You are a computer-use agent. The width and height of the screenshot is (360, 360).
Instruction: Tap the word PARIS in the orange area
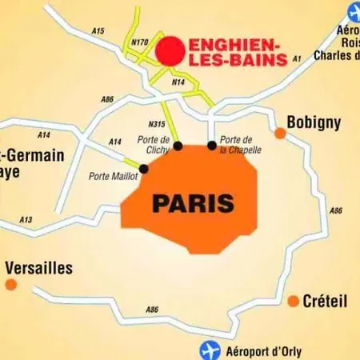coord(193,203)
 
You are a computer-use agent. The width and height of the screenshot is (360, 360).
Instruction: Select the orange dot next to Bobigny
coord(280,133)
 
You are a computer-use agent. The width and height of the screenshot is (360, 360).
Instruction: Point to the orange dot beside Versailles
coord(10,284)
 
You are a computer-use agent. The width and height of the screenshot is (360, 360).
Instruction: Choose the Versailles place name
coord(38,268)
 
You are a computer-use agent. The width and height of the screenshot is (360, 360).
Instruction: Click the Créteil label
coord(325,301)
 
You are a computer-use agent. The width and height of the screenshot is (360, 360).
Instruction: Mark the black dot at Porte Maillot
coord(143,168)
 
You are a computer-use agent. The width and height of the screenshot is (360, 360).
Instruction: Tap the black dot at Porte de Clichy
coord(178,146)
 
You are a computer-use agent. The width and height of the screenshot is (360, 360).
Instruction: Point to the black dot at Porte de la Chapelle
coord(212,146)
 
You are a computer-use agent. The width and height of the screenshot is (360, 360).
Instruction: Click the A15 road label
coord(98,31)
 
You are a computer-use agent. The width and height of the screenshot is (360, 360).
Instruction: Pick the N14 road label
coord(179,81)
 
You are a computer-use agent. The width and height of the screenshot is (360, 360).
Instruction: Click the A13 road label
coord(26,220)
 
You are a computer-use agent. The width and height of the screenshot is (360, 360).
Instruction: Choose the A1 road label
coord(297,58)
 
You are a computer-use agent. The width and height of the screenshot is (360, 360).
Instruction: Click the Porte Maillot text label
coord(113,176)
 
